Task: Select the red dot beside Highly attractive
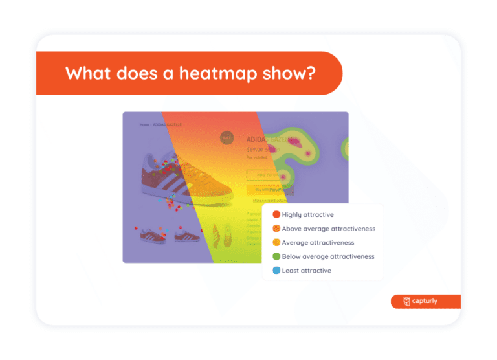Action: click(276, 214)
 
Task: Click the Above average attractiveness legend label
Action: click(329, 229)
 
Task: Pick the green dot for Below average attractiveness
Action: click(276, 256)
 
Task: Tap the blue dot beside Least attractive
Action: click(276, 271)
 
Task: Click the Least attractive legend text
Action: click(307, 271)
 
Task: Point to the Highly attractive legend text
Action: click(308, 214)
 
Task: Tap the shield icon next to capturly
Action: click(406, 301)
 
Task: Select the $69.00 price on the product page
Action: click(258, 149)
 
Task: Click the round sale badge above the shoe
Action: click(227, 137)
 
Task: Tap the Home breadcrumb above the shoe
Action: click(137, 124)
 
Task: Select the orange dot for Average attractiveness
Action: click(276, 243)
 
